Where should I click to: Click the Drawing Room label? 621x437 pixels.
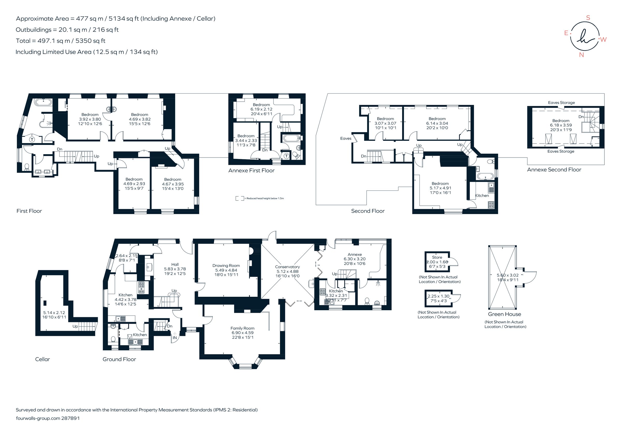pyautogui.click(x=226, y=265)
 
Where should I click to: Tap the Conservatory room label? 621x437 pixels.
pyautogui.click(x=287, y=267)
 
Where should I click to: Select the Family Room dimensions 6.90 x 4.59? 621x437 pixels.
pyautogui.click(x=242, y=333)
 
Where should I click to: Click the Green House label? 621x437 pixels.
pyautogui.click(x=504, y=314)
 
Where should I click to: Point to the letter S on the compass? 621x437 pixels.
pyautogui.click(x=588, y=18)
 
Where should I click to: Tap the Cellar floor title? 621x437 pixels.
pyautogui.click(x=42, y=359)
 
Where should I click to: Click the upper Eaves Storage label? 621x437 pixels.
pyautogui.click(x=561, y=102)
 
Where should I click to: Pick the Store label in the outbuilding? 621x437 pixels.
pyautogui.click(x=437, y=257)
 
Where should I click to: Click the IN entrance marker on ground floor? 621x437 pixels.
pyautogui.click(x=175, y=337)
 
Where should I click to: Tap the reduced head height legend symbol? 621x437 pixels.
pyautogui.click(x=240, y=198)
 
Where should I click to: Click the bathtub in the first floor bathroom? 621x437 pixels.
pyautogui.click(x=43, y=102)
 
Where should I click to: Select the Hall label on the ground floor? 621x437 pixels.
pyautogui.click(x=175, y=264)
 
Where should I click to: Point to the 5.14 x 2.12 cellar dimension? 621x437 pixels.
pyautogui.click(x=54, y=312)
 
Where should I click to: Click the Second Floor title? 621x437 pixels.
pyautogui.click(x=368, y=211)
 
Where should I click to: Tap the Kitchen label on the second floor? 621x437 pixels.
pyautogui.click(x=482, y=195)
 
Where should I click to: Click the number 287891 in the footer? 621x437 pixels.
pyautogui.click(x=71, y=418)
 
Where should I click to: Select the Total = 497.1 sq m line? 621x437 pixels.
pyautogui.click(x=61, y=41)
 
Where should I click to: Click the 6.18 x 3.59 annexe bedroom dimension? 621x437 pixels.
pyautogui.click(x=561, y=125)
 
